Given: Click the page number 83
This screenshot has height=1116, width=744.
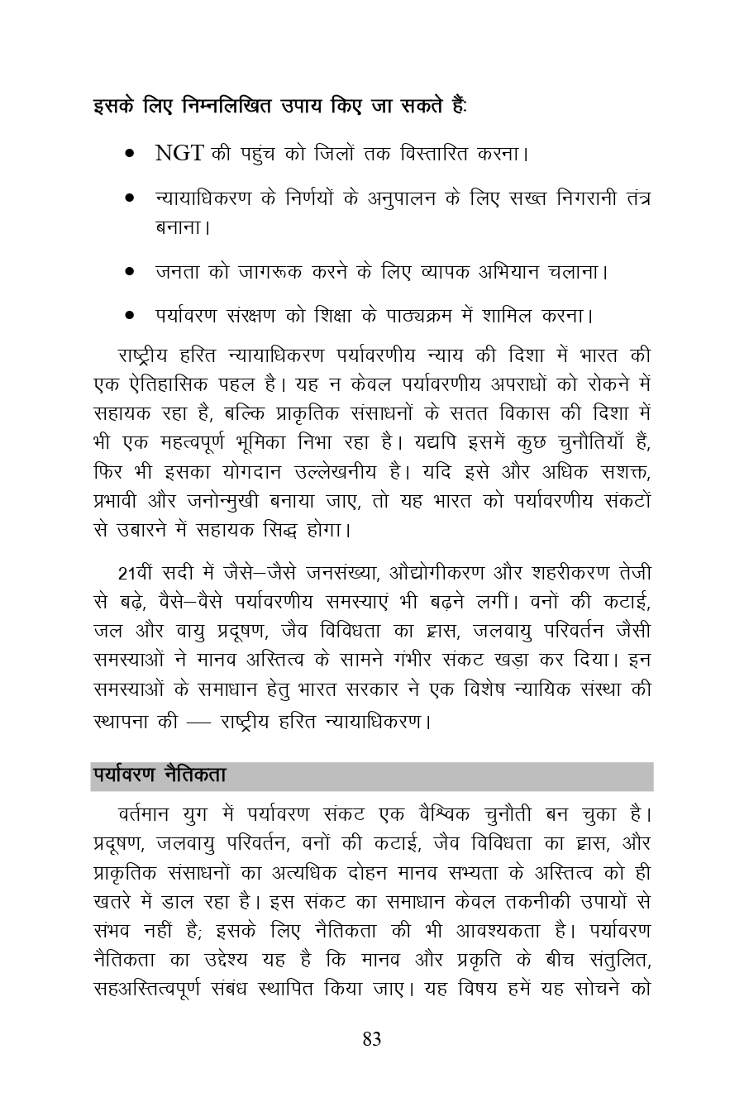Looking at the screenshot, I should coord(371,1040).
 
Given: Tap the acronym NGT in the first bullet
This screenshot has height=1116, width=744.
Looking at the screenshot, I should coord(179,153).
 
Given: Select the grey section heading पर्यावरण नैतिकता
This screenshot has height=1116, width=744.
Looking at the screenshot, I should coord(160,776).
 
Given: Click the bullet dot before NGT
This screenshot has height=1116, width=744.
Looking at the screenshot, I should coord(130,155).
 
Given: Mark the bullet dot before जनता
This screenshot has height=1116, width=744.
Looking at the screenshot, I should coord(130,271).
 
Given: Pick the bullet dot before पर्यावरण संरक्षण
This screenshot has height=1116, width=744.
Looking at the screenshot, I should coord(130,316).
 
